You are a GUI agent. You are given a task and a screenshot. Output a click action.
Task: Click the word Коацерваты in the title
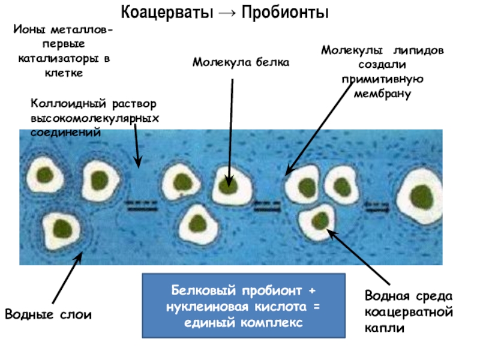pyautogui.click(x=159, y=13)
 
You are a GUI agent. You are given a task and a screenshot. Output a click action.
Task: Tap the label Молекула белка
pyautogui.click(x=241, y=62)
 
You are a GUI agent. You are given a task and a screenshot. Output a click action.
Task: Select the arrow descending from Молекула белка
pyautogui.click(x=230, y=132)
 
